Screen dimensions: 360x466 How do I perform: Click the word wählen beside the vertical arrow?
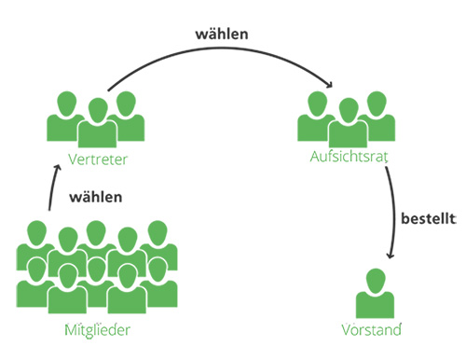point(95,198)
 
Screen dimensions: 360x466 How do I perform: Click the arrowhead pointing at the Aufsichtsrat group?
point(331,88)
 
